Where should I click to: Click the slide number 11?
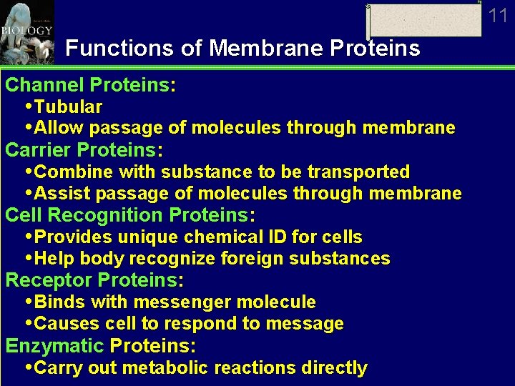(x=498, y=16)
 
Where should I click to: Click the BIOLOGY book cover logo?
(x=27, y=32)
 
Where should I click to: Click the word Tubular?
(x=68, y=107)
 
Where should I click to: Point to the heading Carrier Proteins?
(x=84, y=150)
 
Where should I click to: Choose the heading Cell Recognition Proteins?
(x=130, y=215)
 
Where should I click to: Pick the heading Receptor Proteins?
(x=94, y=280)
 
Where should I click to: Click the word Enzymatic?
(x=55, y=346)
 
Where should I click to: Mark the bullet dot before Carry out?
(x=29, y=367)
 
